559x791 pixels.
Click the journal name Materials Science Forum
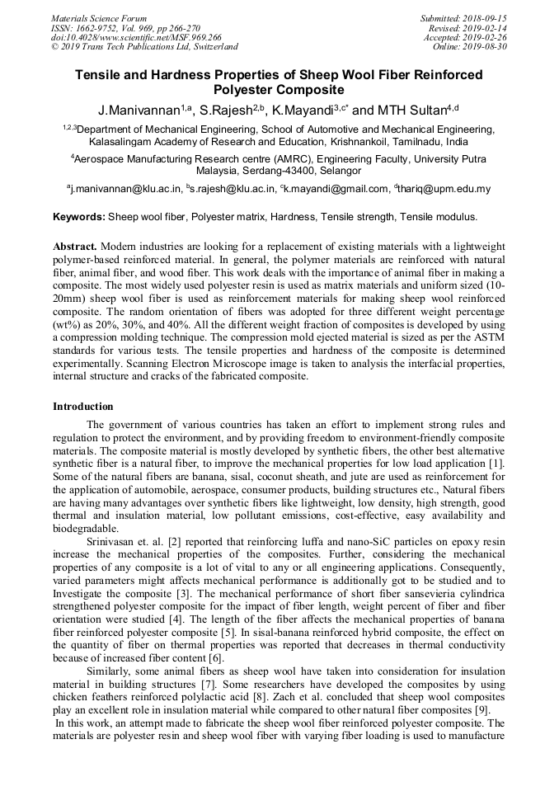(x=99, y=18)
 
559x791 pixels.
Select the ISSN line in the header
(x=125, y=28)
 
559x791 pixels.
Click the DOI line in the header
(x=136, y=37)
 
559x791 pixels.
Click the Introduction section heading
(x=83, y=407)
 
